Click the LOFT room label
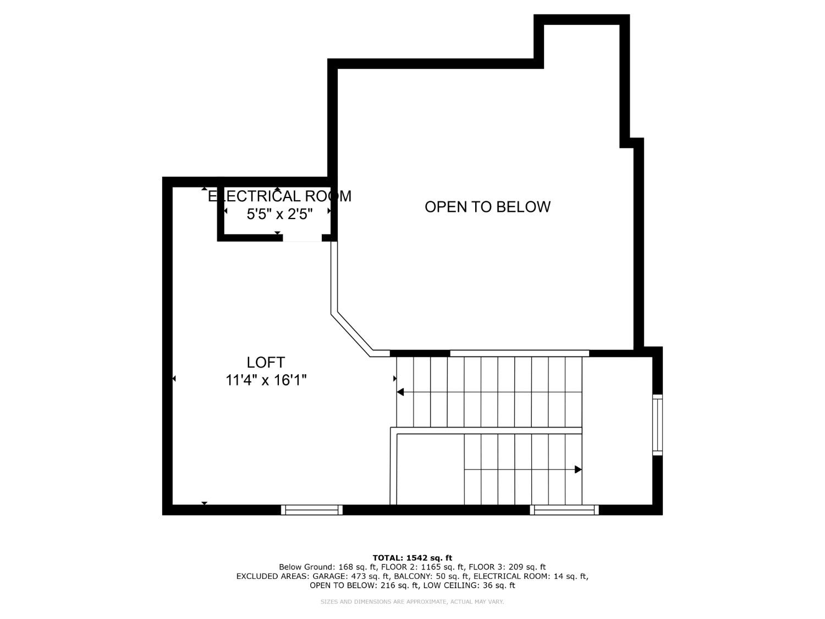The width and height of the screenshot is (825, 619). coord(266,363)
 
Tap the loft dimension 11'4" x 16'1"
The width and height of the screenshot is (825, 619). coord(266,380)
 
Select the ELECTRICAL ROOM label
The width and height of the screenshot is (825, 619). coord(279,196)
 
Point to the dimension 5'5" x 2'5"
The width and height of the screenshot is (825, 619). coord(279,214)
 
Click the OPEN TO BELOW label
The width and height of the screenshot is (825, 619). coord(487,207)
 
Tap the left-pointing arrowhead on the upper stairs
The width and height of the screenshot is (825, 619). coord(400,392)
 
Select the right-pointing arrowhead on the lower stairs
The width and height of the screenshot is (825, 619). coord(578,469)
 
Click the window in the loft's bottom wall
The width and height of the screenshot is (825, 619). coord(312,510)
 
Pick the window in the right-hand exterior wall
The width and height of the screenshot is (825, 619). coord(657,424)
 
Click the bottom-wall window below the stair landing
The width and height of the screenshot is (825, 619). coord(564,510)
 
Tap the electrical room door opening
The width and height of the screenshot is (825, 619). coord(302,238)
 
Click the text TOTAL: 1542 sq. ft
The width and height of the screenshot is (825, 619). coord(412,558)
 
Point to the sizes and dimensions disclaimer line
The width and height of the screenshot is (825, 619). coord(412,602)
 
